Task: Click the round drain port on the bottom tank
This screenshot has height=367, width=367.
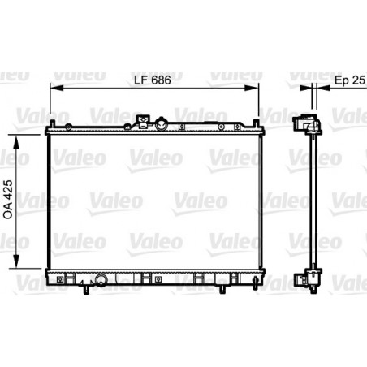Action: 102,281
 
